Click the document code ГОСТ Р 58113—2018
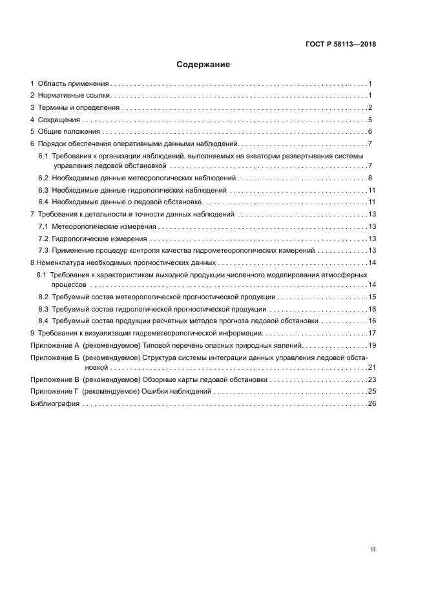(340, 45)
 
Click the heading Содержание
(203, 65)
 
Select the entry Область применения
(73, 84)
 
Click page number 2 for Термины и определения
(370, 108)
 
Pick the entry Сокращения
(59, 120)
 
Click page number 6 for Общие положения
(370, 132)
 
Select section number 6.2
(43, 178)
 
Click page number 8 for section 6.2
(370, 178)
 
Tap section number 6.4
(43, 202)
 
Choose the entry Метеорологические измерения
(104, 227)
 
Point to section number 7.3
(43, 250)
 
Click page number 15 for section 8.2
(371, 297)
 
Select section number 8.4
(43, 321)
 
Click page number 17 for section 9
(371, 333)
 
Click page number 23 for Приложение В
(371, 380)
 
